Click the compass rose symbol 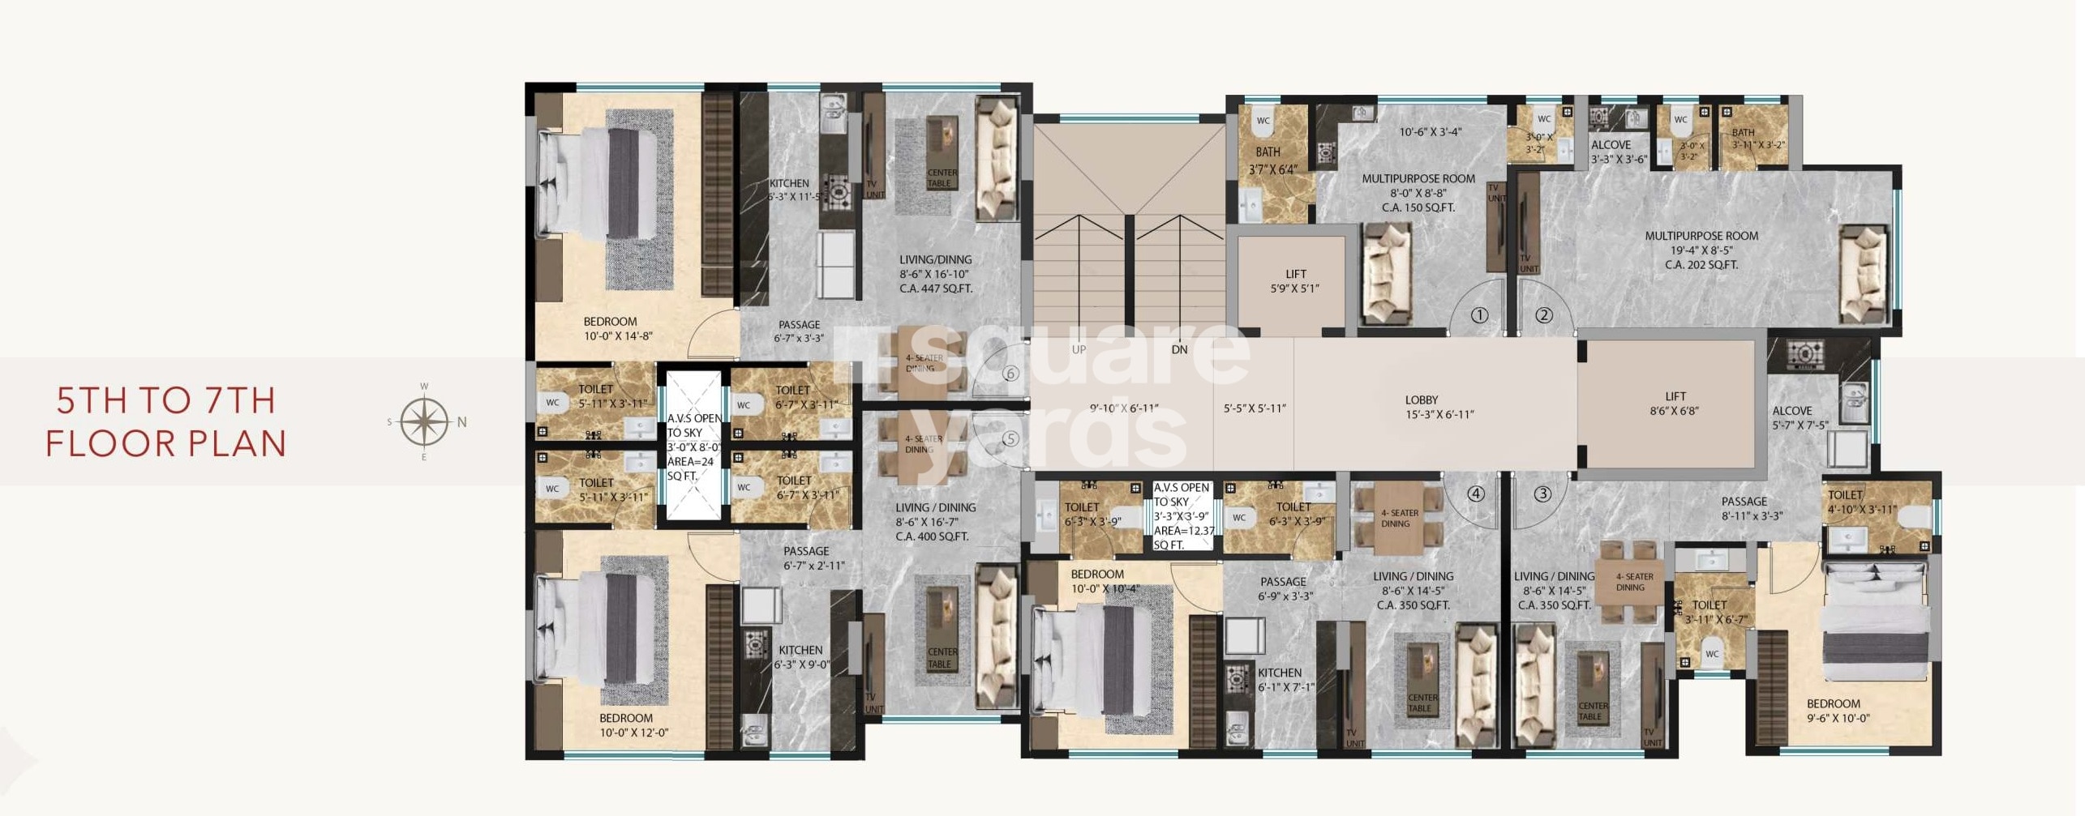(424, 421)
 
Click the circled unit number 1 (1479, 315)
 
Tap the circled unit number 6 (1010, 374)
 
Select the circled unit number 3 (1542, 493)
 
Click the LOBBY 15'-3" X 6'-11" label (1439, 407)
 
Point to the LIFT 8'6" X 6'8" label (1674, 404)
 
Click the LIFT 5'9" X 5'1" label (1295, 281)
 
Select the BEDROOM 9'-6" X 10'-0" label (1838, 710)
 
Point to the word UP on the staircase (1079, 350)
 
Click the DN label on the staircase (1179, 350)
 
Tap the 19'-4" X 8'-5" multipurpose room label (1701, 250)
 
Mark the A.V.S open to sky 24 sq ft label (693, 447)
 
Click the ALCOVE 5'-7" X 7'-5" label (1800, 417)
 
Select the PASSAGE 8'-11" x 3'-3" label (1752, 508)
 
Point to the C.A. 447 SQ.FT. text (935, 288)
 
